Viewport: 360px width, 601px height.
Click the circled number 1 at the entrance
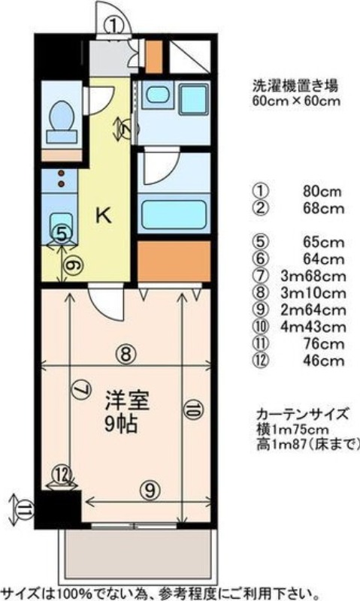pos(114,26)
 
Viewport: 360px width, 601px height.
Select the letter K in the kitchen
pos(104,215)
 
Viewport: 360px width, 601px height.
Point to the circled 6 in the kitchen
pos(72,265)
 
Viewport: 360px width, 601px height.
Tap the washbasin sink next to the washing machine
pos(156,95)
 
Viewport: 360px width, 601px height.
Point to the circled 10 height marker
pos(193,409)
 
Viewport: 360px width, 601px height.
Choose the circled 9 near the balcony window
pos(150,490)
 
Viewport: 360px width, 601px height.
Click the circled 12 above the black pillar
pos(62,475)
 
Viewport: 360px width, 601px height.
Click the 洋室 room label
pos(127,400)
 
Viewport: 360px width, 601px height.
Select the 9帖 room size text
pos(121,424)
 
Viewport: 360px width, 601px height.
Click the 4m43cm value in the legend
pos(313,327)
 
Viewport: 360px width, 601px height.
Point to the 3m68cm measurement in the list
pos(313,276)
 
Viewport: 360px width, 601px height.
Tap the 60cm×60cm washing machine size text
pos(296,101)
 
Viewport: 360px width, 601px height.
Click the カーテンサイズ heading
pos(303,415)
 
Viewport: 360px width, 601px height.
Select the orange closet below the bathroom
pos(174,261)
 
